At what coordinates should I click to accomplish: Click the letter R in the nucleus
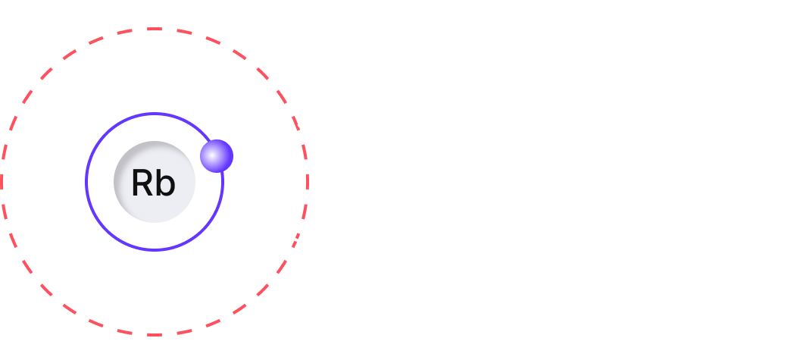(x=142, y=183)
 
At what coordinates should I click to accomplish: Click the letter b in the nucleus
(x=164, y=183)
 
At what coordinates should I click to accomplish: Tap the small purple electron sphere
(x=217, y=155)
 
